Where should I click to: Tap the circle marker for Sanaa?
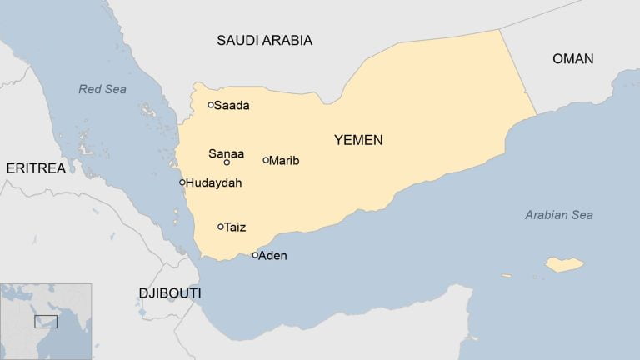tap(227, 162)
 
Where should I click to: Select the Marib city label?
tap(284, 161)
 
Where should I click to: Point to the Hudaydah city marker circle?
tap(182, 182)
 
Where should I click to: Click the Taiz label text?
tap(235, 227)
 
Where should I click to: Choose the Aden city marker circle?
tap(255, 255)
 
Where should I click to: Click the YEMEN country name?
tap(358, 140)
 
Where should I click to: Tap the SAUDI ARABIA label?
tap(264, 40)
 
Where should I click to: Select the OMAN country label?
tap(572, 58)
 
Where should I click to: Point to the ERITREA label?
tap(35, 168)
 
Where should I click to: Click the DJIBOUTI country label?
tap(169, 293)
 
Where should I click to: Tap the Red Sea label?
tap(102, 89)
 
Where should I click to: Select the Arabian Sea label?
tap(558, 215)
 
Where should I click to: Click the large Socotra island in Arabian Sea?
tap(564, 265)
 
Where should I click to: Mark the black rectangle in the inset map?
tap(46, 322)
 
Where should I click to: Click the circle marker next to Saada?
tap(211, 105)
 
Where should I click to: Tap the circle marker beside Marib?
tap(266, 160)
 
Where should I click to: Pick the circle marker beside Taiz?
tap(221, 227)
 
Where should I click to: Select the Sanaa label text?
tap(226, 152)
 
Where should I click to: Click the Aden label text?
tap(272, 256)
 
